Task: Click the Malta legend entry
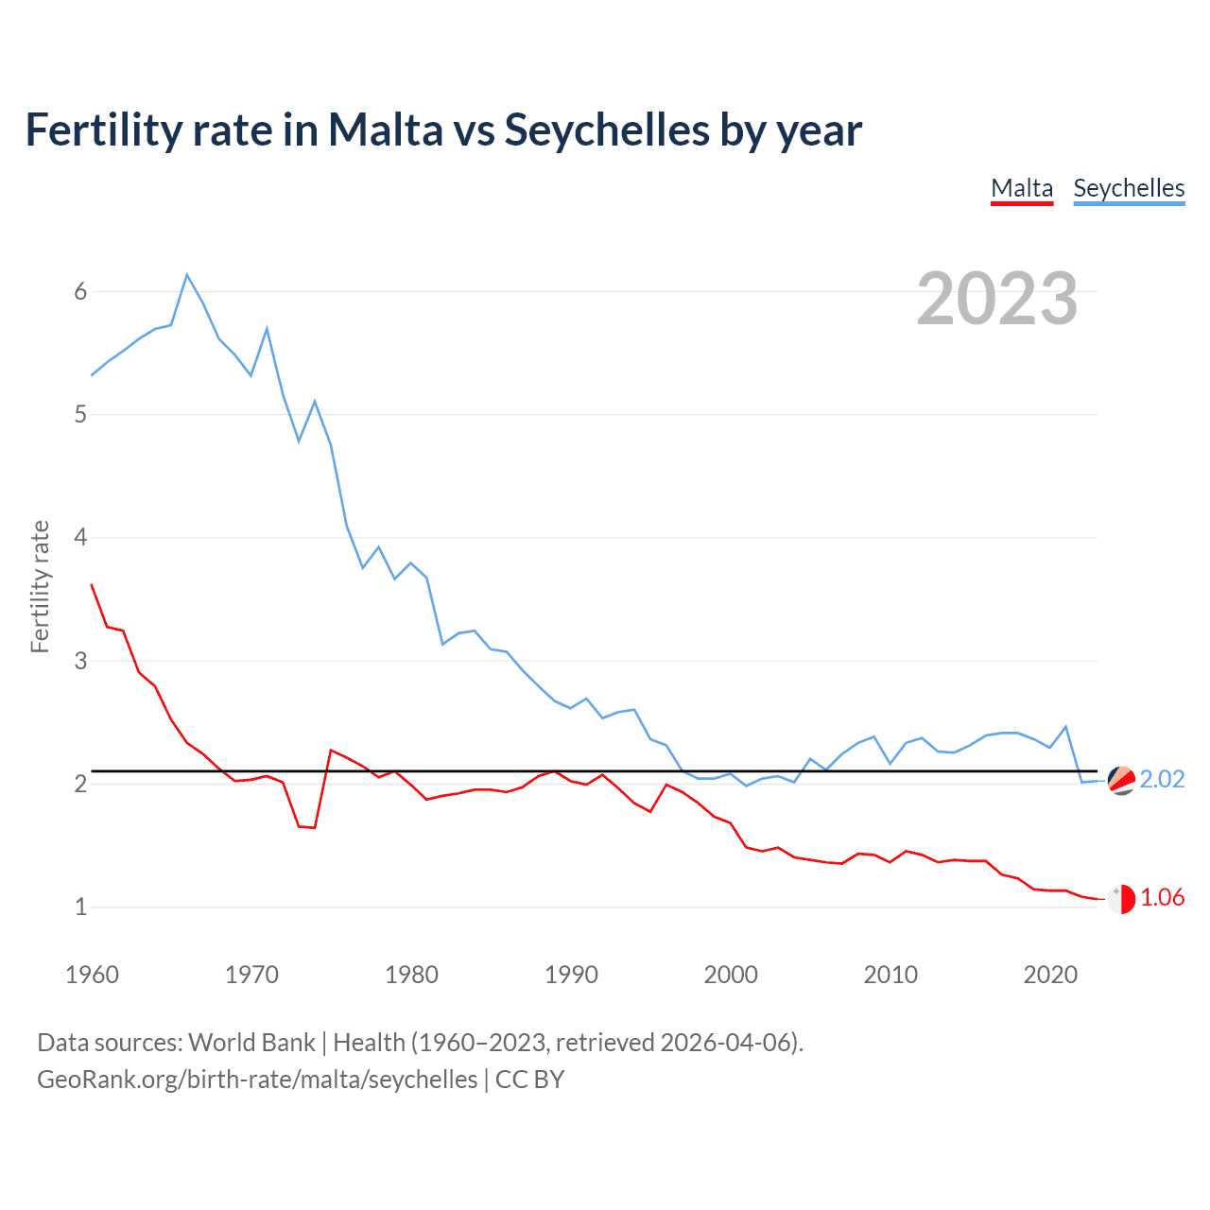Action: tap(1022, 188)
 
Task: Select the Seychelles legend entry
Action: tap(1129, 188)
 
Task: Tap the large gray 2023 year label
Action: tap(997, 299)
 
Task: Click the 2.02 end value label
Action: tap(1162, 779)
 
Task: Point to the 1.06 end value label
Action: tap(1162, 897)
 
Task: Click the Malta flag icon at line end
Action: tap(1121, 899)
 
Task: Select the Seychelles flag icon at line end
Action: tap(1121, 780)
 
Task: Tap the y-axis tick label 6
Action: tap(80, 291)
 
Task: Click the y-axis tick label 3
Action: tap(80, 661)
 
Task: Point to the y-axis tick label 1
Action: tap(80, 907)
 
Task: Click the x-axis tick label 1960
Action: tap(92, 975)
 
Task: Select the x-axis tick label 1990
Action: tap(571, 975)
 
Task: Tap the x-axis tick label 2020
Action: tap(1050, 975)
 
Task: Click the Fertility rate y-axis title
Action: tap(40, 586)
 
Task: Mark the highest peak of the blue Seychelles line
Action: tap(187, 275)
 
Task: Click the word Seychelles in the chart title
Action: tap(607, 130)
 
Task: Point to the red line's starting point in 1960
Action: tap(92, 585)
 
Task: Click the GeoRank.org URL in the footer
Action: tap(257, 1080)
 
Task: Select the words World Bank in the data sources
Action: tap(251, 1043)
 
